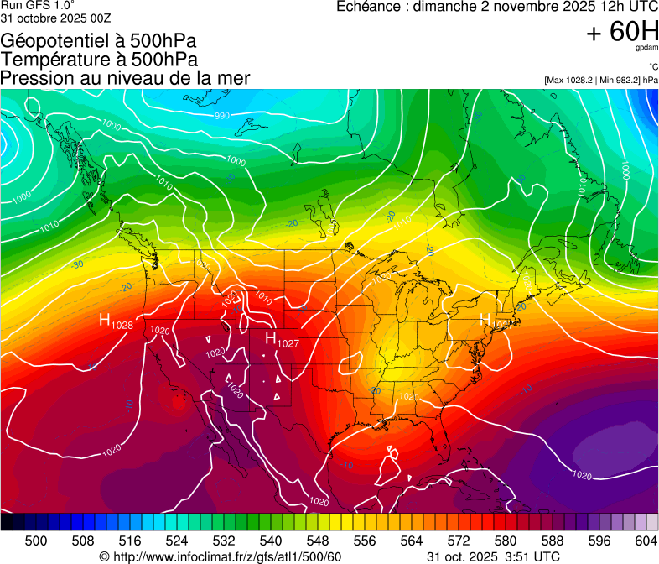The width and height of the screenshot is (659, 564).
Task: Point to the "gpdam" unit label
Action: click(x=647, y=49)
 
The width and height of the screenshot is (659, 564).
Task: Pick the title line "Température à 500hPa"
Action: click(x=99, y=60)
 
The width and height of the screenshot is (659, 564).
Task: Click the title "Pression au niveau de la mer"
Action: click(x=125, y=78)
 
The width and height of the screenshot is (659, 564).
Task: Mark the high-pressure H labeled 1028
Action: click(x=106, y=320)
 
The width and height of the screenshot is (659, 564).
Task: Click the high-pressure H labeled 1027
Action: click(x=271, y=337)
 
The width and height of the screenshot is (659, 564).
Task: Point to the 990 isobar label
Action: click(x=221, y=116)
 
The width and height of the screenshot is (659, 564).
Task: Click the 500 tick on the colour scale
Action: click(x=36, y=540)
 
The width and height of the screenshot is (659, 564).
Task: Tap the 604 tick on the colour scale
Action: click(x=646, y=540)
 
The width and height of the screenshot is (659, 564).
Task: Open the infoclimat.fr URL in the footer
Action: click(x=226, y=556)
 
